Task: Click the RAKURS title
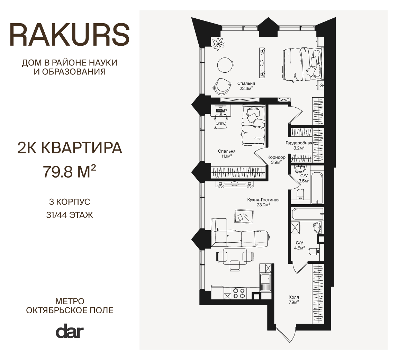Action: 70,35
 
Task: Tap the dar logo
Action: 70,331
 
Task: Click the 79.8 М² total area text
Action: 70,171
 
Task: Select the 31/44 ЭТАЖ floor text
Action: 70,215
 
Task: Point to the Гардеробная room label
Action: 299,143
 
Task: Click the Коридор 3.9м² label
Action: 277,160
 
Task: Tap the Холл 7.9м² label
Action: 294,299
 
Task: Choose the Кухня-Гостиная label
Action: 263,200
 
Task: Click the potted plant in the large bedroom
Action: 219,44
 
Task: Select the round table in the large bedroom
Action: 225,65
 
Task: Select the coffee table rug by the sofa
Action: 244,217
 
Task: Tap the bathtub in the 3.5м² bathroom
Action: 317,188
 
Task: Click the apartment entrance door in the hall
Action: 286,335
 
